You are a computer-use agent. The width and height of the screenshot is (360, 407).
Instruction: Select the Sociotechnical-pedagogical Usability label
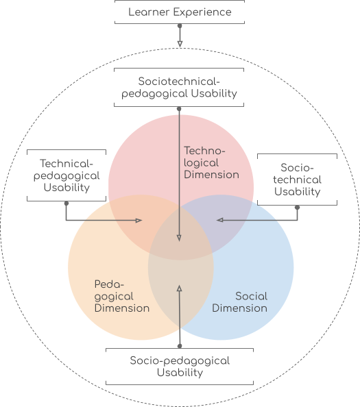click(x=179, y=88)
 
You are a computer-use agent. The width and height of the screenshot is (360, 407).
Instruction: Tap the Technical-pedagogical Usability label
click(x=67, y=175)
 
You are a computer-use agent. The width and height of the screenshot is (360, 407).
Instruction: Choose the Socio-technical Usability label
click(x=297, y=180)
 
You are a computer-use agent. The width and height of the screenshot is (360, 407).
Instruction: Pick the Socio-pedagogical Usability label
click(x=180, y=367)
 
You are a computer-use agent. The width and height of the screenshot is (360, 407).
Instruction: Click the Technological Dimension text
click(x=211, y=163)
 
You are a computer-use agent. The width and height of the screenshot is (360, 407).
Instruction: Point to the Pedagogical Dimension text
click(x=122, y=297)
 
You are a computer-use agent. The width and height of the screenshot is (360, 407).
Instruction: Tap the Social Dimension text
click(x=239, y=302)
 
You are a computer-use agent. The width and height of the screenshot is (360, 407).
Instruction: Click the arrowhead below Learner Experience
click(x=180, y=44)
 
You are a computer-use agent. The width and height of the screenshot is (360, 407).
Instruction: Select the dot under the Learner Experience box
click(x=180, y=26)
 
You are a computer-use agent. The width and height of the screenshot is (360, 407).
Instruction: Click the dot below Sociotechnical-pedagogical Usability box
click(x=179, y=109)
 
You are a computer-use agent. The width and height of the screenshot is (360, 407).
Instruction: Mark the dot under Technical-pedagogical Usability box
click(x=67, y=203)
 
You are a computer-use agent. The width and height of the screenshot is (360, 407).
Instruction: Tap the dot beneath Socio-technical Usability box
click(x=298, y=208)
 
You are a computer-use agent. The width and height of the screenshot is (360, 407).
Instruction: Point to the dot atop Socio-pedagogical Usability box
click(x=180, y=346)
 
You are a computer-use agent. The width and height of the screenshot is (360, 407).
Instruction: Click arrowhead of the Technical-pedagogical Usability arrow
click(x=139, y=221)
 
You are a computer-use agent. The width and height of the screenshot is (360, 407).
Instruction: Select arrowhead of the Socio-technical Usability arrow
click(x=220, y=220)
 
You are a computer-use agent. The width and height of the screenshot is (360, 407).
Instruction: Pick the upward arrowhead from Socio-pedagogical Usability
click(x=179, y=288)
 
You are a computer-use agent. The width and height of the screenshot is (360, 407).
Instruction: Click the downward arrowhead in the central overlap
click(x=179, y=238)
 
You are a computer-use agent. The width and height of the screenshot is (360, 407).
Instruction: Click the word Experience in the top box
click(x=202, y=12)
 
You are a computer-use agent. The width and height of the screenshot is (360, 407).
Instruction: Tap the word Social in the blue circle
click(x=252, y=296)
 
